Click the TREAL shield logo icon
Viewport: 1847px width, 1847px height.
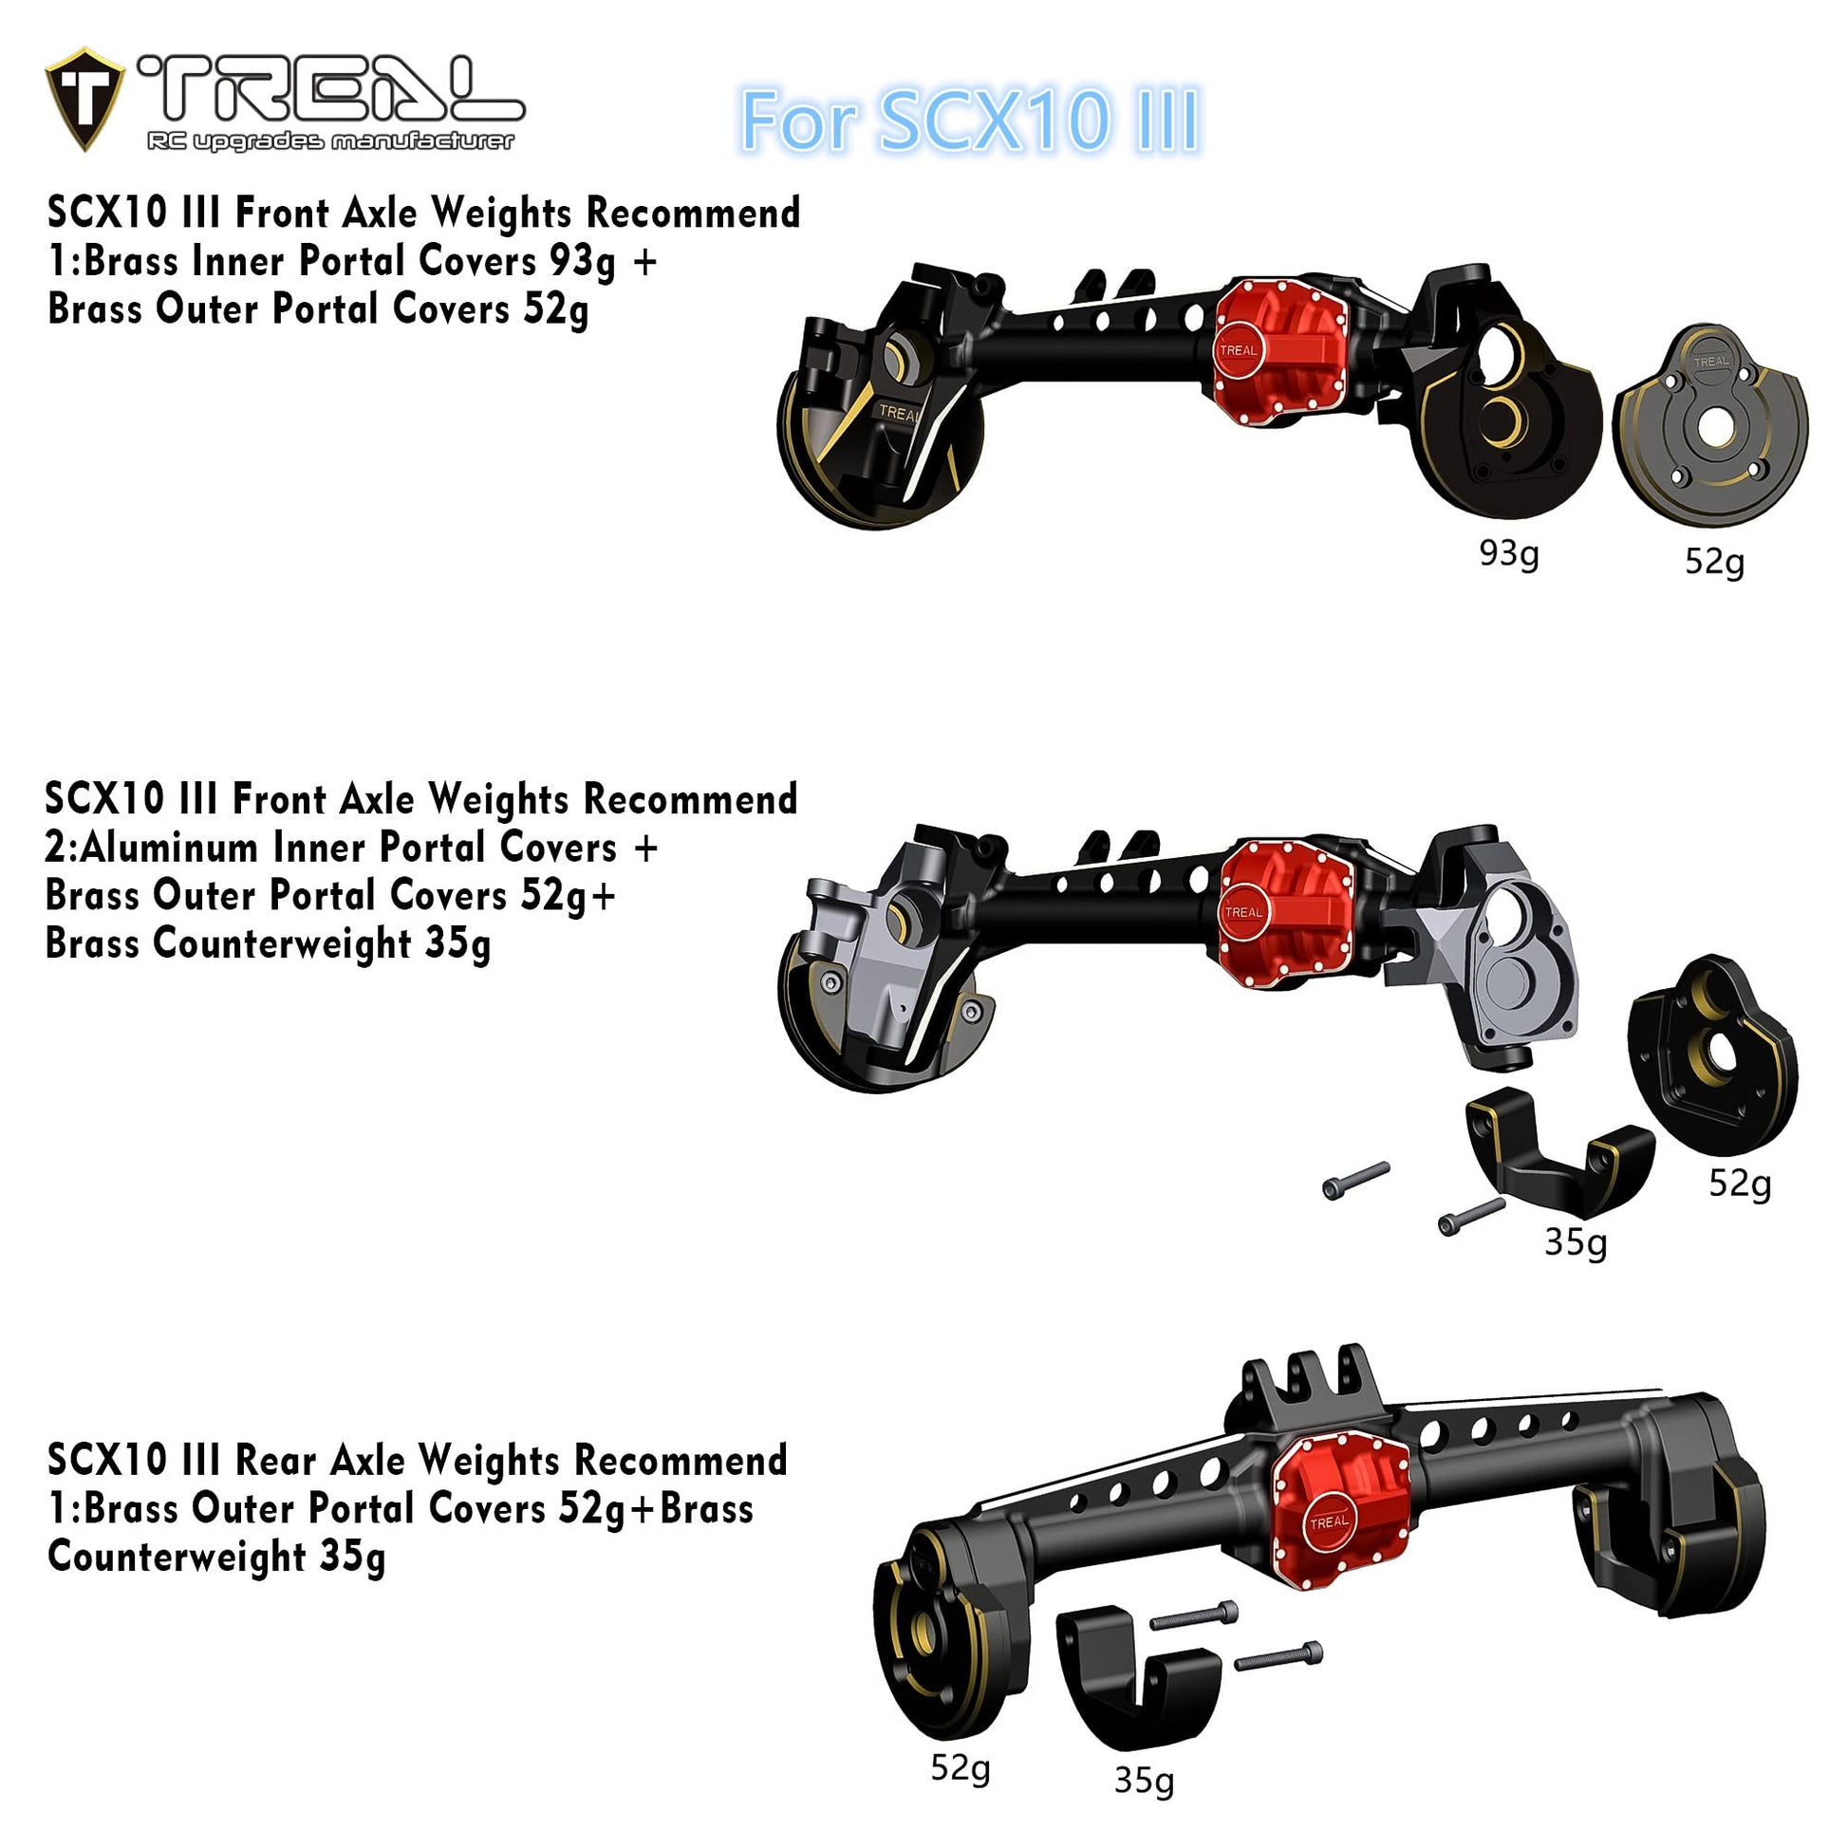tap(84, 99)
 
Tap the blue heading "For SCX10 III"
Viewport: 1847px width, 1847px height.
tap(969, 121)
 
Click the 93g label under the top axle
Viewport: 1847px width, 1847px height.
tap(1508, 553)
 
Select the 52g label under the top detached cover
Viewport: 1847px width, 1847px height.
tap(1714, 561)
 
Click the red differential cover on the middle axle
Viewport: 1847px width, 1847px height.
tap(1286, 913)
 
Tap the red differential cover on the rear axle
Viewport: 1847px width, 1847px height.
tap(1341, 1507)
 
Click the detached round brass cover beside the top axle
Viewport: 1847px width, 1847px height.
tap(1710, 423)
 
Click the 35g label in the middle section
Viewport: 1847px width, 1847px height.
tap(1576, 1241)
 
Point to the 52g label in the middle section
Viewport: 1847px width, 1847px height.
tap(1740, 1184)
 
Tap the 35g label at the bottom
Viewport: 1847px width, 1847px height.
tap(1145, 1780)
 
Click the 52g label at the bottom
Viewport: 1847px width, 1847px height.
tap(961, 1767)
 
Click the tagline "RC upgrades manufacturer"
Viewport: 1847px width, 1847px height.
tap(331, 141)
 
